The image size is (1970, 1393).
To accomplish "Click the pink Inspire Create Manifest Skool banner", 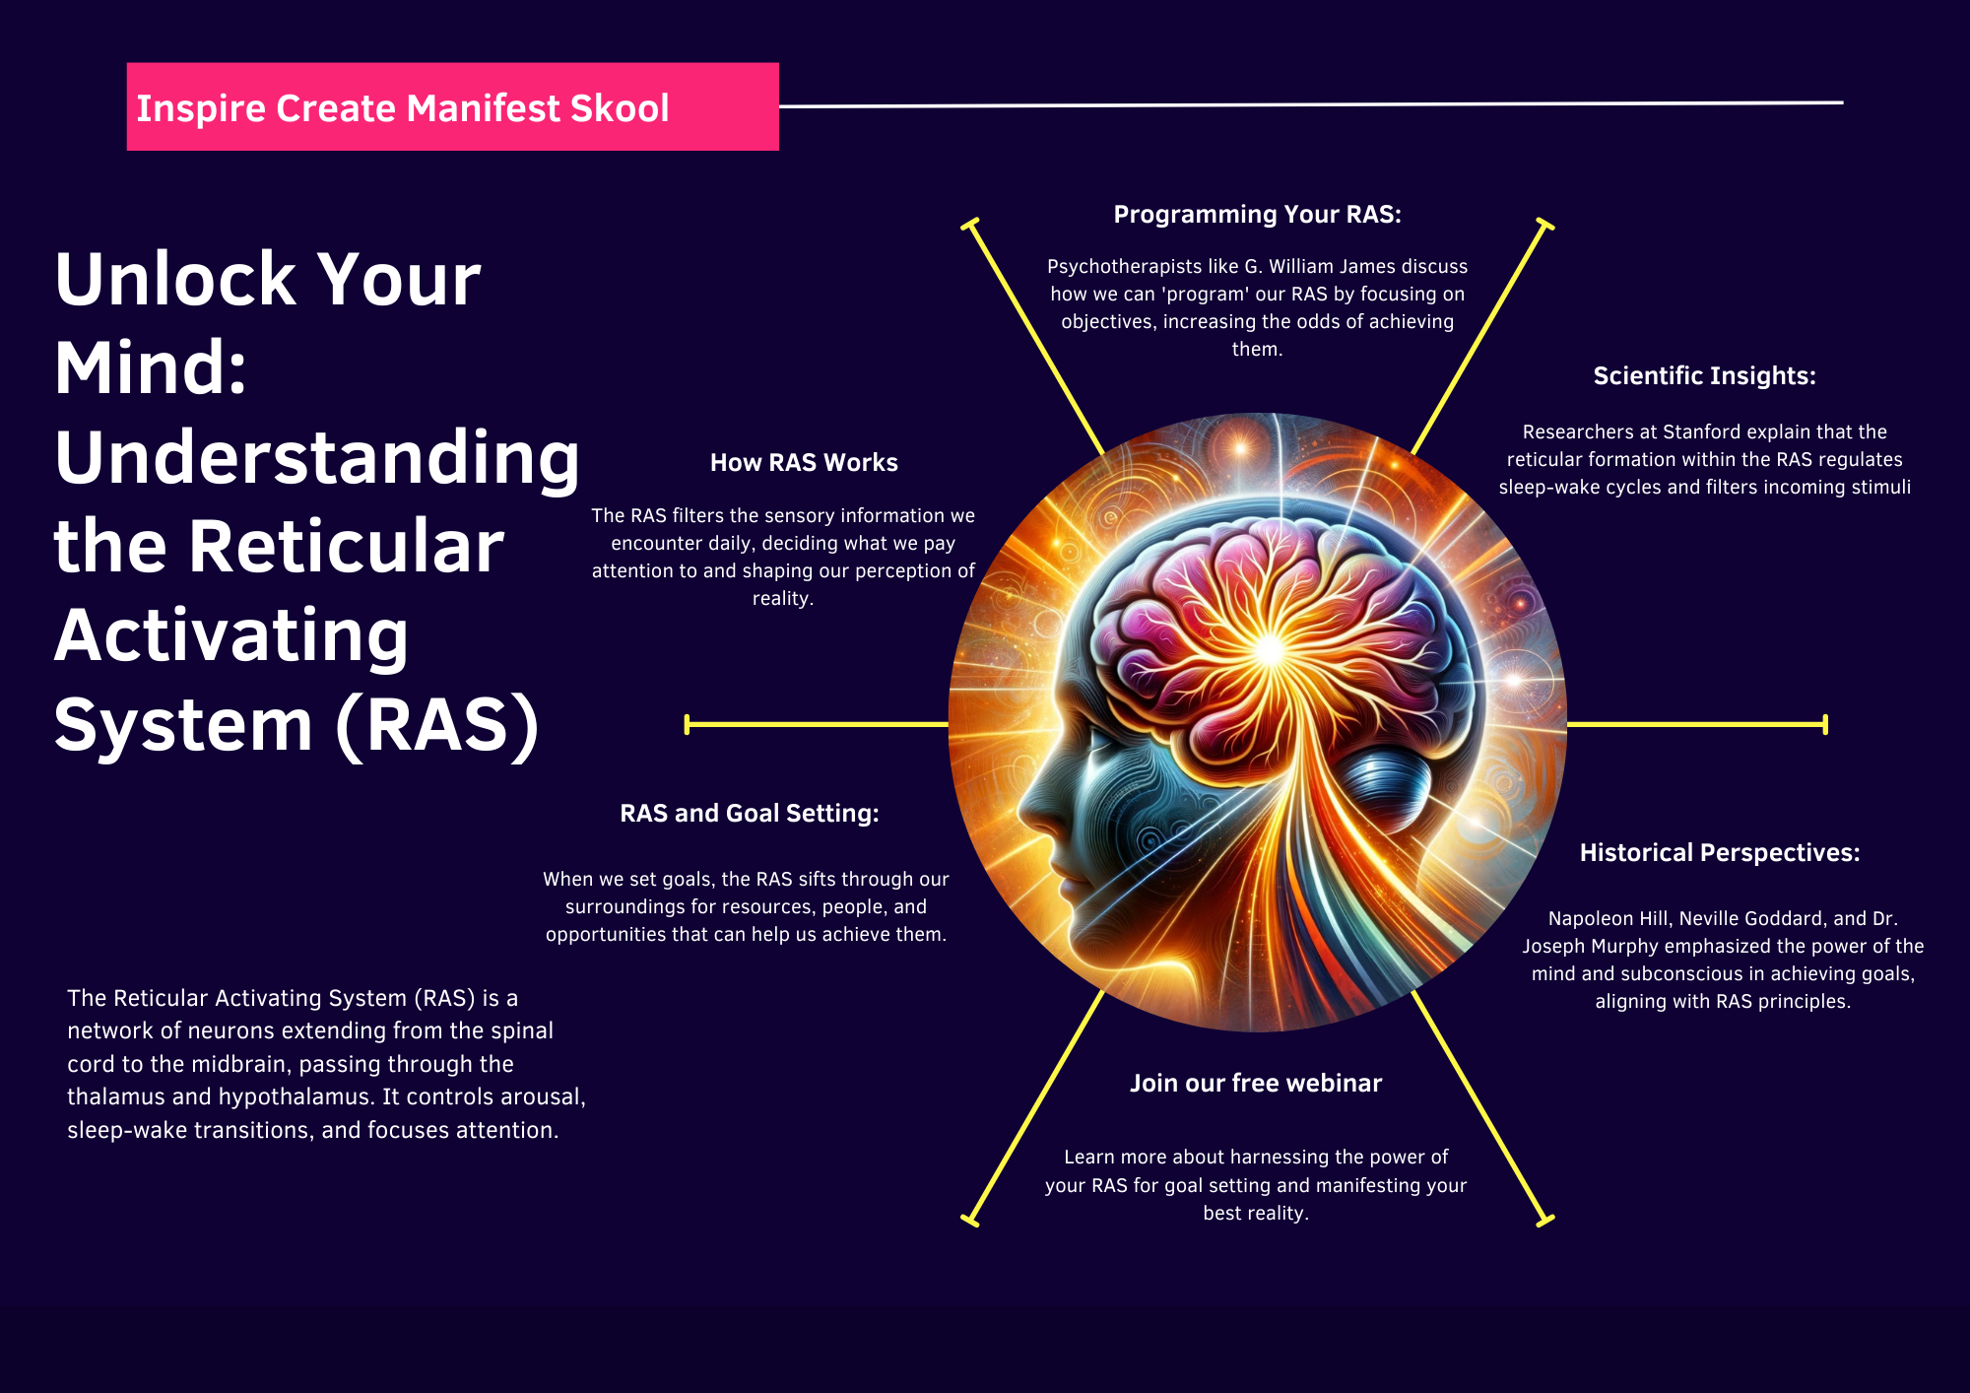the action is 452,106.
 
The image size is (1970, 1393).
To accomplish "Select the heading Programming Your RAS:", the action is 1257,215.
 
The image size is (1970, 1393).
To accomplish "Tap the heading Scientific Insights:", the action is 1704,376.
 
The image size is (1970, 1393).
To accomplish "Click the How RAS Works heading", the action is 804,463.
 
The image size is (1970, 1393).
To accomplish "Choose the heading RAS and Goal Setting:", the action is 749,814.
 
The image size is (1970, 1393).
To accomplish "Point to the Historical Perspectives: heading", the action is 1719,853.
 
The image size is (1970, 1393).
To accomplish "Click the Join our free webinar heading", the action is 1255,1084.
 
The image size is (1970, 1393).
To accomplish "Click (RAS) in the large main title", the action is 437,726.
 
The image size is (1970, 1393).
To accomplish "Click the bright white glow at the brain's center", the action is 1270,649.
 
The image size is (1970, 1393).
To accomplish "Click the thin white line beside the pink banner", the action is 1310,103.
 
